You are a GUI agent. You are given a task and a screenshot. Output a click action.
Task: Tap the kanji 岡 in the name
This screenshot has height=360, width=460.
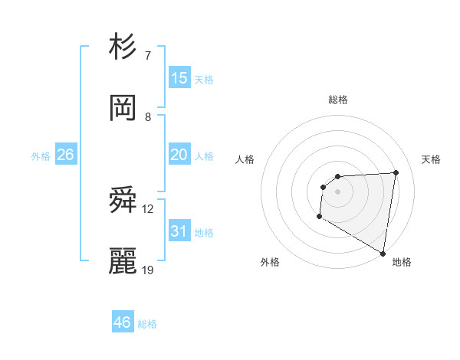[123, 109]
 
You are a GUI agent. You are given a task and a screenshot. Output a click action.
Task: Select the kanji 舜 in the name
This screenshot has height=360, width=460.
[123, 201]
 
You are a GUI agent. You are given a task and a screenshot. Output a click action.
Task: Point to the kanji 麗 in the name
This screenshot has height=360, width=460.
[123, 262]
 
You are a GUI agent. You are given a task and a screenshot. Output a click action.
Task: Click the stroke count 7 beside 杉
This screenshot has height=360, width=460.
[147, 56]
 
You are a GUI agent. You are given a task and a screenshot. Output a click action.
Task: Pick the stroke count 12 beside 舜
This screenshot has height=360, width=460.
[148, 209]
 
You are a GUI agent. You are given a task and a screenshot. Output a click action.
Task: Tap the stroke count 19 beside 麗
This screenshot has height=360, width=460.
[148, 270]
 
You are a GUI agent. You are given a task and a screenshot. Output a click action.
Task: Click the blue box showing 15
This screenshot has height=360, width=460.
[179, 78]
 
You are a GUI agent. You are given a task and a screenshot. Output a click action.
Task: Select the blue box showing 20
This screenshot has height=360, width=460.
[179, 155]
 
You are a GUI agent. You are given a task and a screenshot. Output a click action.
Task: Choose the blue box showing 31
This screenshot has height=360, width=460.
[179, 231]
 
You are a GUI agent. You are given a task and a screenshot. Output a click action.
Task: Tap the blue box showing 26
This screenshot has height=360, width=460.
[65, 155]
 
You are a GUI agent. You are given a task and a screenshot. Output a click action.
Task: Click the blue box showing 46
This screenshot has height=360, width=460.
[122, 322]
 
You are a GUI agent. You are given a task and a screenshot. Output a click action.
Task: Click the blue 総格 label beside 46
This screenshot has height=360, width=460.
[147, 324]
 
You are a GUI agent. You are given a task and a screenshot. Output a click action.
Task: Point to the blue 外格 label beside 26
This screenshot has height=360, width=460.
[41, 156]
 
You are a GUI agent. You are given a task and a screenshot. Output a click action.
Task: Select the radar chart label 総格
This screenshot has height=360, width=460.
[338, 100]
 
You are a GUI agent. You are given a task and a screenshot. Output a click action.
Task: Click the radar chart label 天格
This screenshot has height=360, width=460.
[431, 159]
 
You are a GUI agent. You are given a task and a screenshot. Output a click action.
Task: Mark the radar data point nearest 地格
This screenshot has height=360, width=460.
[383, 253]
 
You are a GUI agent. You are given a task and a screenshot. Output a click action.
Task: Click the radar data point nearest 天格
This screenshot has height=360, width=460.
[396, 172]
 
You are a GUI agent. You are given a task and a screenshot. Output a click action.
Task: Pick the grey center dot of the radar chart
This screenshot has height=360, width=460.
[337, 191]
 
